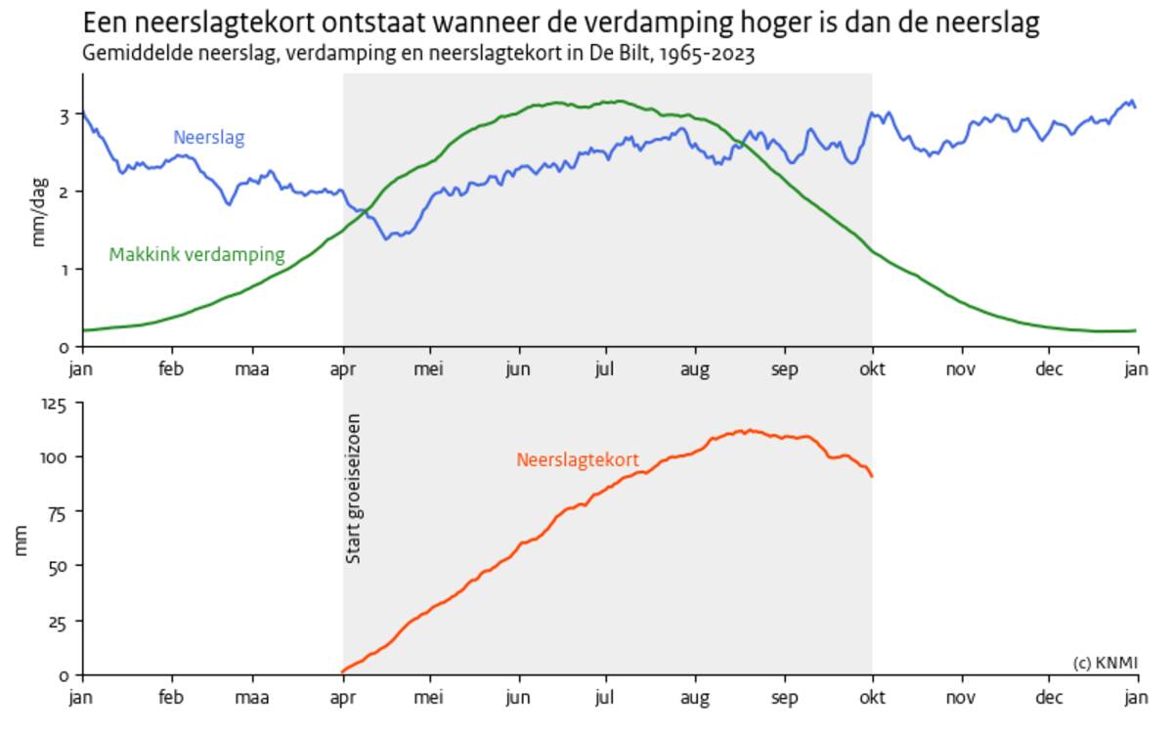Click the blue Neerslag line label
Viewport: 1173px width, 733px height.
pos(208,138)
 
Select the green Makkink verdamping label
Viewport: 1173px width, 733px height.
pos(196,255)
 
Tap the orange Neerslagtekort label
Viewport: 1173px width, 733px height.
pos(578,459)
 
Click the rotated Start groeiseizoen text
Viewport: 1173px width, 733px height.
pos(354,489)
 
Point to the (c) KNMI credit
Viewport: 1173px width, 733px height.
pos(1106,663)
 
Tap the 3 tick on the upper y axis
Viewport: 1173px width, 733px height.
pos(64,115)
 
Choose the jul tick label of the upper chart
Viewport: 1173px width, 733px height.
pos(606,369)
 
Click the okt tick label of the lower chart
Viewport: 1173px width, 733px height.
pos(872,698)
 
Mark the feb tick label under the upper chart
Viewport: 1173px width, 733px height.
pos(171,369)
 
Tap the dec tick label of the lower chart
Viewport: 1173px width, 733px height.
pos(1049,698)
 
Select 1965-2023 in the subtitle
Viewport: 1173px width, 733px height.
pos(706,54)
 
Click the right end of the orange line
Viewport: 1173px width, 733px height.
pos(871,476)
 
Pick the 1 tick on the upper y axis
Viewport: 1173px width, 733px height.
pos(64,269)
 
